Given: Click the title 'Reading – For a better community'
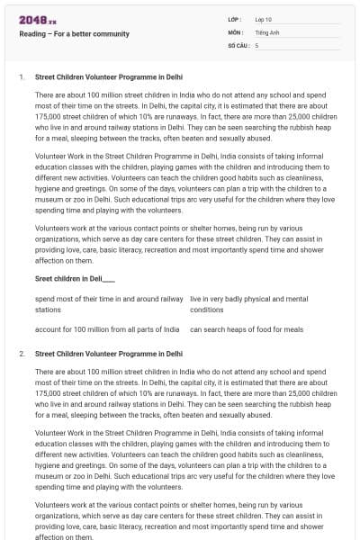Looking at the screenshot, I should (x=75, y=34).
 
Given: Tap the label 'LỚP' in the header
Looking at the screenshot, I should (x=235, y=19).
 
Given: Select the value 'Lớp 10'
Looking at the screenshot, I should (x=265, y=19).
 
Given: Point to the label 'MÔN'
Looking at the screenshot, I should (x=236, y=31).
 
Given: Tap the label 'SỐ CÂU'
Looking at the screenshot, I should (x=238, y=44).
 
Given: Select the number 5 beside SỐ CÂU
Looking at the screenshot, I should (x=257, y=44).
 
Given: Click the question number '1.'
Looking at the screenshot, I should (x=22, y=77).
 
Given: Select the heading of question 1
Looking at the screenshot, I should (x=108, y=77).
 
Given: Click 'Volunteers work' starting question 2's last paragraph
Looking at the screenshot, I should (x=61, y=505).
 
